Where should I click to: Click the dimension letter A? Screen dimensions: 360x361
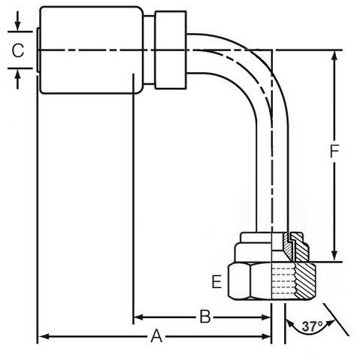[x=156, y=336]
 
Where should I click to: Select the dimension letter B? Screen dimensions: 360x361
[x=205, y=317]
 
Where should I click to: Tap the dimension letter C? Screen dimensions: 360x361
[x=18, y=50]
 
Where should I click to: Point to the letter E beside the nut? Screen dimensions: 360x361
[x=216, y=281]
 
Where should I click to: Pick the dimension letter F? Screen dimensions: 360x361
[x=334, y=151]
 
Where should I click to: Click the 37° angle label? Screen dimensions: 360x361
[x=312, y=326]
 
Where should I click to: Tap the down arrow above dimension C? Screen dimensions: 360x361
[x=17, y=21]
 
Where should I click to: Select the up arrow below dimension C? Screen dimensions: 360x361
[x=17, y=79]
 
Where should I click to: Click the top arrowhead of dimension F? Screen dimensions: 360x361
[x=334, y=57]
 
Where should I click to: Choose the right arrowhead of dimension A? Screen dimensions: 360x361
[x=265, y=336]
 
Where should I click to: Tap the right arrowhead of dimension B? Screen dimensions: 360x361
[x=265, y=317]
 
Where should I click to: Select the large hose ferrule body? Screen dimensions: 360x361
[x=92, y=50]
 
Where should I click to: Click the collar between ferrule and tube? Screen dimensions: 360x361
[x=171, y=50]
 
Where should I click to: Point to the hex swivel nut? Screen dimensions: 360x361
[x=272, y=281]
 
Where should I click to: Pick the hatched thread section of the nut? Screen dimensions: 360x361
[x=305, y=281]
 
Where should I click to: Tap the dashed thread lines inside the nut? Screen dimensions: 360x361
[x=283, y=281]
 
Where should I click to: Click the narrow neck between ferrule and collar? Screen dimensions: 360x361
[x=149, y=50]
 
